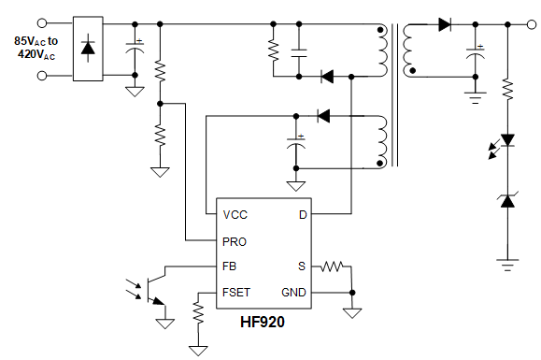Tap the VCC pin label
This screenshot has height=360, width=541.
pyautogui.click(x=235, y=215)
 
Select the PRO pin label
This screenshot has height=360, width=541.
pyautogui.click(x=235, y=241)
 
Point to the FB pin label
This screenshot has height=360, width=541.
pyautogui.click(x=230, y=266)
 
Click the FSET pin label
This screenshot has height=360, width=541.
pyautogui.click(x=237, y=292)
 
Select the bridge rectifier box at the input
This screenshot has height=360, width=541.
pyautogui.click(x=88, y=48)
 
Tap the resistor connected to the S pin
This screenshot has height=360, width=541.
pyautogui.click(x=334, y=266)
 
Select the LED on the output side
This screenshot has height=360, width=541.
pyautogui.click(x=507, y=141)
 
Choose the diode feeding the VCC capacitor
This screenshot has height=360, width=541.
pyautogui.click(x=323, y=116)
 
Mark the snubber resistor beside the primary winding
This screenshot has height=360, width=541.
pyautogui.click(x=273, y=49)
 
